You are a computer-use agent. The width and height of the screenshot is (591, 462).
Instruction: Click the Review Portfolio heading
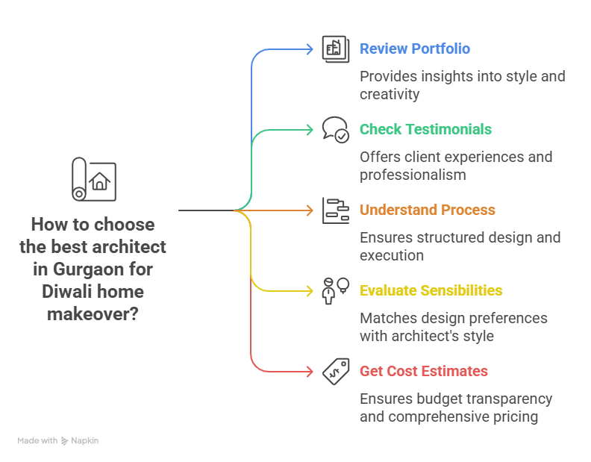point(414,49)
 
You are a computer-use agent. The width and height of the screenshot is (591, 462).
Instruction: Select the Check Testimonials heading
point(425,130)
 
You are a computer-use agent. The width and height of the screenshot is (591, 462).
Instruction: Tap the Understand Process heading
point(427,210)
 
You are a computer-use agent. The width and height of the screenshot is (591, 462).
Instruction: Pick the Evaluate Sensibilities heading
point(431,291)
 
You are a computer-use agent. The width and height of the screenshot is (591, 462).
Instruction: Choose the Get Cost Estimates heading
point(423,372)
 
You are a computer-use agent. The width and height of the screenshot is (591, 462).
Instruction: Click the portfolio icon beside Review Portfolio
point(335,49)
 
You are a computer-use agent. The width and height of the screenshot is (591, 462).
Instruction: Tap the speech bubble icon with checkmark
point(335,129)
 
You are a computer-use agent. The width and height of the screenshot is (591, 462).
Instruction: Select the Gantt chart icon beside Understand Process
point(335,210)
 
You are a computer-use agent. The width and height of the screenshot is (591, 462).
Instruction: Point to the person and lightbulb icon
point(335,290)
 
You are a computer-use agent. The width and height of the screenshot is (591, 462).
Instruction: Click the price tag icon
point(335,371)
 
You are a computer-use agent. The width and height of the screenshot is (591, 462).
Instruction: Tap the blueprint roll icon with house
point(93,179)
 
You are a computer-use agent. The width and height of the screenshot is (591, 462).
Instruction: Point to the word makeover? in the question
point(93,314)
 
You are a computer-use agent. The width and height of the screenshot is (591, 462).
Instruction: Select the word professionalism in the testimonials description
point(413,175)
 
